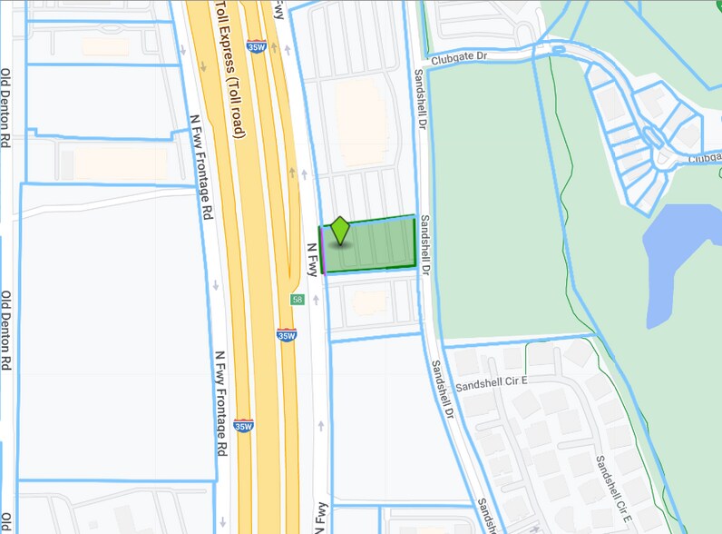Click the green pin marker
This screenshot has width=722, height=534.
click(x=340, y=230)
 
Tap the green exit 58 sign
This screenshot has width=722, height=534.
click(x=297, y=300)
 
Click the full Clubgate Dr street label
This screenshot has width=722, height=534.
click(x=460, y=57)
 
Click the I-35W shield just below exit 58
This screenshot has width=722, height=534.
click(x=287, y=334)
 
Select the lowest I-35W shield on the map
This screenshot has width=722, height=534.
click(x=242, y=425)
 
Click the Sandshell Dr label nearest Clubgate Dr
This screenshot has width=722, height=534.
click(x=420, y=100)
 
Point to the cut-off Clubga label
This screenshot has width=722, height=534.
click(x=705, y=156)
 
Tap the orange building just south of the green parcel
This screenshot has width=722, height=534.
click(x=369, y=301)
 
